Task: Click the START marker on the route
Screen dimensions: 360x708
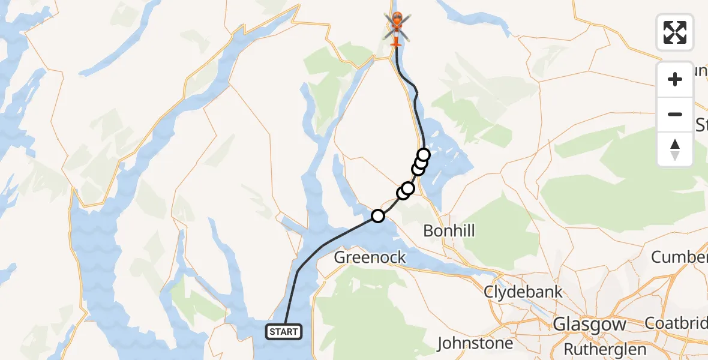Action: [x=283, y=331]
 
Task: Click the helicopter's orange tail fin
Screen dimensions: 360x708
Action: [x=396, y=42]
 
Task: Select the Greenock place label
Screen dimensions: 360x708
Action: [x=370, y=258]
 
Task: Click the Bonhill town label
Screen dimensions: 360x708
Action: [x=449, y=230]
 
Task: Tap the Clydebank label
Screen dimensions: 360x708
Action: [x=524, y=292]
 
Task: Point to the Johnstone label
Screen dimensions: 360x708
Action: [x=475, y=343]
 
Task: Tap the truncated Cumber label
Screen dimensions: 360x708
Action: [x=679, y=257]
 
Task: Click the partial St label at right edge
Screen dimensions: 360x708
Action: [x=701, y=125]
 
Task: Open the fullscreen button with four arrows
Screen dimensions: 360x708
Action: [x=675, y=32]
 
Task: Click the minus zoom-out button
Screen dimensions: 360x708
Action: [x=675, y=114]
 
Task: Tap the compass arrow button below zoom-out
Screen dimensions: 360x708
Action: [x=675, y=149]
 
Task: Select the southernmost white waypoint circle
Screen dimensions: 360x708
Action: [x=377, y=216]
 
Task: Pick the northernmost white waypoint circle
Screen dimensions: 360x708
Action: [x=424, y=155]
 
